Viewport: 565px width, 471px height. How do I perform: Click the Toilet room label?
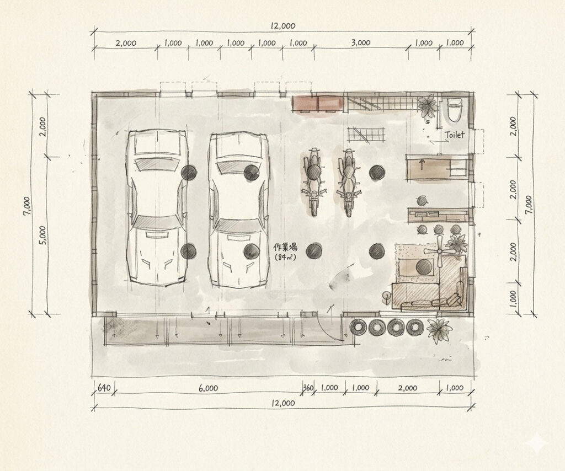pos(455,135)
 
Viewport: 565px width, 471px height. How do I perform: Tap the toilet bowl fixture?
pos(455,109)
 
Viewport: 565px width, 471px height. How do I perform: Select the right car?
pos(238,210)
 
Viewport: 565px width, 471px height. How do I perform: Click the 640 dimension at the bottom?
pos(104,388)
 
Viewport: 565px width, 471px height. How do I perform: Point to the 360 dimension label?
pos(308,388)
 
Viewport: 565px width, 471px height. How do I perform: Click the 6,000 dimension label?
pos(208,388)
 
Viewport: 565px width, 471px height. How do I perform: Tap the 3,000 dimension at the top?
pos(361,42)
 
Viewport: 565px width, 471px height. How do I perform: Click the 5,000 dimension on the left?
pos(42,235)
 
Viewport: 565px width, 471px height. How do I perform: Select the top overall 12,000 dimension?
pos(283,26)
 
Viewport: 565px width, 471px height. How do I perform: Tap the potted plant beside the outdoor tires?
pos(439,330)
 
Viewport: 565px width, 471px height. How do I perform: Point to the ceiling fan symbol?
pos(439,251)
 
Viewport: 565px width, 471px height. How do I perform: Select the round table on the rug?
pos(424,267)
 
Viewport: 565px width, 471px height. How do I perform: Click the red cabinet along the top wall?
pos(317,103)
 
